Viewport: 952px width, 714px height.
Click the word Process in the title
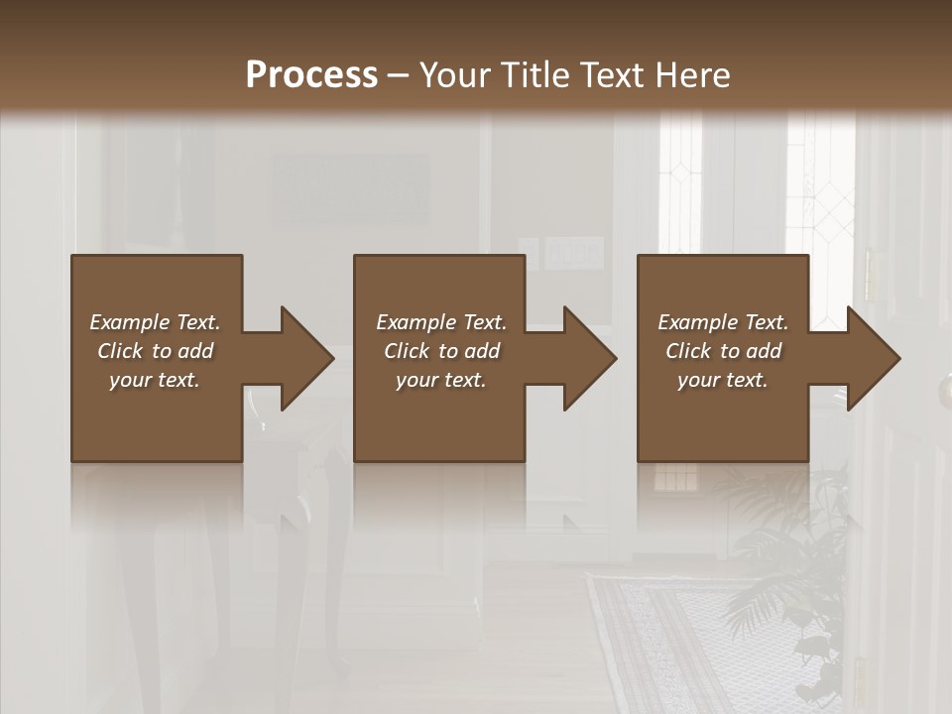click(x=311, y=75)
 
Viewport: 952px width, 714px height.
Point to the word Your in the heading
click(x=457, y=75)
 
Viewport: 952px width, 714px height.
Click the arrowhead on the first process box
click(x=302, y=358)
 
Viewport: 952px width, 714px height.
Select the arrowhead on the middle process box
click(x=586, y=358)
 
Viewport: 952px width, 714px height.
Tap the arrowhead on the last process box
click(x=870, y=358)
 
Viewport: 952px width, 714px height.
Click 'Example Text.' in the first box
click(x=155, y=322)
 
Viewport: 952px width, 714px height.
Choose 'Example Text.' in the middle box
click(x=440, y=322)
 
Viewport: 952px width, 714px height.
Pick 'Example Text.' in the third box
click(x=723, y=322)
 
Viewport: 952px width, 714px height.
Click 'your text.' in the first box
click(x=155, y=380)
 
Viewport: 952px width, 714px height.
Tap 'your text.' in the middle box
click(x=440, y=380)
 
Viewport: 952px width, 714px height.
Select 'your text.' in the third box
click(x=723, y=380)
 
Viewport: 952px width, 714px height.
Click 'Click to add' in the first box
click(x=155, y=351)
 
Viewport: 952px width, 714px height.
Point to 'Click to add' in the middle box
click(x=440, y=351)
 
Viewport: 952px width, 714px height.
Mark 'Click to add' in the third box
click(x=723, y=351)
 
